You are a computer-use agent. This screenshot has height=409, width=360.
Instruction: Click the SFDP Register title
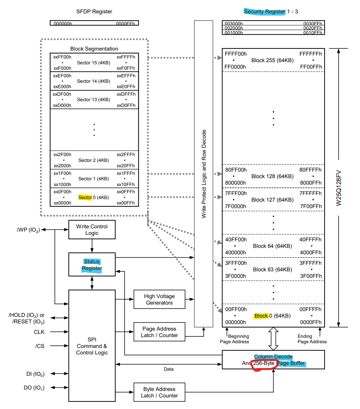tap(94, 12)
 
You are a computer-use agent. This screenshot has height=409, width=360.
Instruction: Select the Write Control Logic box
tap(92, 230)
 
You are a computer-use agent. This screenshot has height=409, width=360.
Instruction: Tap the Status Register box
tap(92, 265)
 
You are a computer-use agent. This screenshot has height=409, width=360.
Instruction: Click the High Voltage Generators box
tap(159, 299)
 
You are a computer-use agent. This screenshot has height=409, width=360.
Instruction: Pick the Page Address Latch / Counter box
tap(159, 332)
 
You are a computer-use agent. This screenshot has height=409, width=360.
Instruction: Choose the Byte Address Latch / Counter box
tap(159, 392)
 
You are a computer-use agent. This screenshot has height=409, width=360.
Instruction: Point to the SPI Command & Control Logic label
tap(92, 346)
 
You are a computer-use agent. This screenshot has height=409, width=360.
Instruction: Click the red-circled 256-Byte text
tap(264, 363)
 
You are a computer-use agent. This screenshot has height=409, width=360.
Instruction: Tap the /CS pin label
tap(40, 346)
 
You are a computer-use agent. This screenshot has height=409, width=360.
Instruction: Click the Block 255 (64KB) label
tap(272, 60)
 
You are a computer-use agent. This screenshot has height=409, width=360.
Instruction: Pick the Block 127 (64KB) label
tap(272, 200)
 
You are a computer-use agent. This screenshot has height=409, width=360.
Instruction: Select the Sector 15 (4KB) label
tap(94, 63)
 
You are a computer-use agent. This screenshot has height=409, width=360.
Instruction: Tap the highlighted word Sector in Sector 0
tap(85, 198)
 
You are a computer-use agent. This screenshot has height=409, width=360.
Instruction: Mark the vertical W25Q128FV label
tap(339, 188)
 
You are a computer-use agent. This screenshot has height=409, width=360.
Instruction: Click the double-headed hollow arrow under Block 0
tap(273, 339)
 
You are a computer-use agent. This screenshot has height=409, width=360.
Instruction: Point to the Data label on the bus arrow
tap(168, 369)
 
